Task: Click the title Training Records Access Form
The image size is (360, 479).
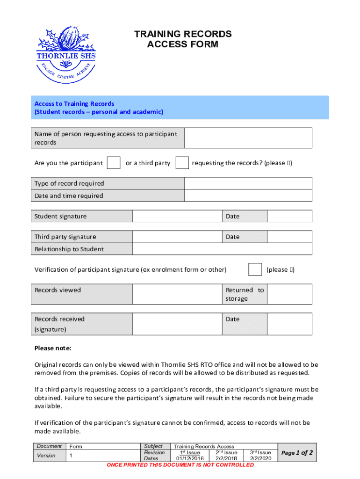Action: coord(182,39)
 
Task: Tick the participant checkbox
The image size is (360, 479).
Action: coord(114,163)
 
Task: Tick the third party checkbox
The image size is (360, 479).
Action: coord(182,163)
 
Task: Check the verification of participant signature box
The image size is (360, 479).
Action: coord(255,269)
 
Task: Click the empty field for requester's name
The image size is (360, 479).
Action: coord(248,138)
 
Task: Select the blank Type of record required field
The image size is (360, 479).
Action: coord(248,183)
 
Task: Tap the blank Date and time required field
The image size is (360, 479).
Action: coord(248,196)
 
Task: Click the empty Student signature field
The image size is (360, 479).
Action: coord(177,216)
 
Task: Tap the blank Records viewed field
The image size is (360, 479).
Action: coord(177,294)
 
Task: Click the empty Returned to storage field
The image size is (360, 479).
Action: coord(289,294)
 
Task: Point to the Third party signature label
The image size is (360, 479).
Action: coord(65,237)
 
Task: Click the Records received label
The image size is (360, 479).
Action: coord(60,319)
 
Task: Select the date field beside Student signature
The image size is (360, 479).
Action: coord(289,216)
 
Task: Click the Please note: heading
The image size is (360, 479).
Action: coord(53,348)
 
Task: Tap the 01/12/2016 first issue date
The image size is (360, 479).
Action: coord(190,459)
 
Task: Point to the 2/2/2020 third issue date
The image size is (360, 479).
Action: coord(259,459)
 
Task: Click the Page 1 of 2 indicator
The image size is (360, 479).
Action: coord(297,453)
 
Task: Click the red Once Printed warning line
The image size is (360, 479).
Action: coord(180,465)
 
